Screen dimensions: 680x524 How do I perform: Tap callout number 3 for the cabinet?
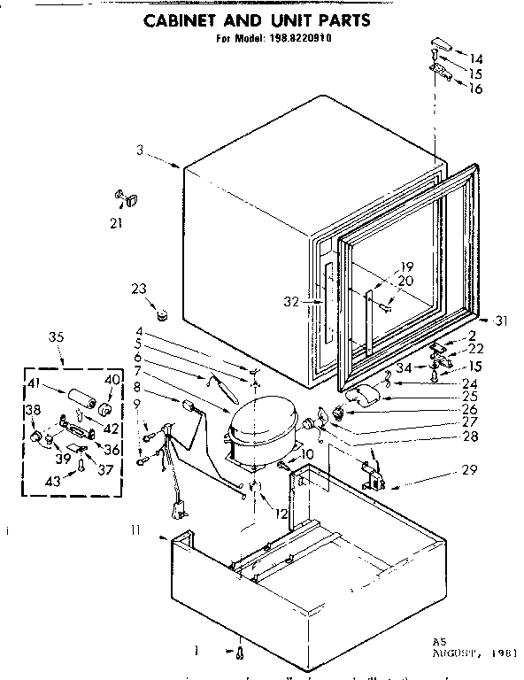(x=140, y=151)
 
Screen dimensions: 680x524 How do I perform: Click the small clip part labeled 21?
(x=124, y=197)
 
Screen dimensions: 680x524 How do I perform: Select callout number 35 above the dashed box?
(x=57, y=337)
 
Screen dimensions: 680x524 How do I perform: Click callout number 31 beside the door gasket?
(x=503, y=320)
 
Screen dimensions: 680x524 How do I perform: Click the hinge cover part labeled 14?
(x=438, y=44)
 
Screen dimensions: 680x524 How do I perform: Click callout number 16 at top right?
(x=476, y=89)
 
